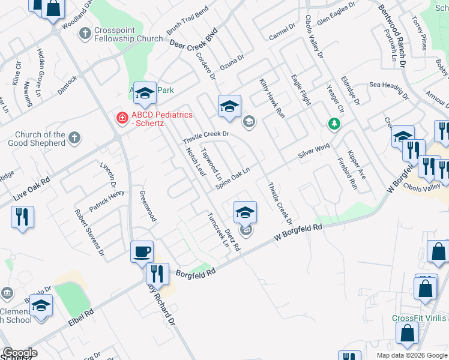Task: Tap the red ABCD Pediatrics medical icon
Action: pos(122,118)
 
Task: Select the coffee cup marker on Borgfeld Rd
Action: pos(142,252)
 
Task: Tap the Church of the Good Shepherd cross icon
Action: pos(74,138)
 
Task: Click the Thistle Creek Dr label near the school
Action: pos(206,137)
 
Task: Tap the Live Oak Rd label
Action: pos(29,188)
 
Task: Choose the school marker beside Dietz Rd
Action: pos(245,213)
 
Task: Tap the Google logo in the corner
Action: pos(20,353)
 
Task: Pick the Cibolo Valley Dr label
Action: pos(314,37)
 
